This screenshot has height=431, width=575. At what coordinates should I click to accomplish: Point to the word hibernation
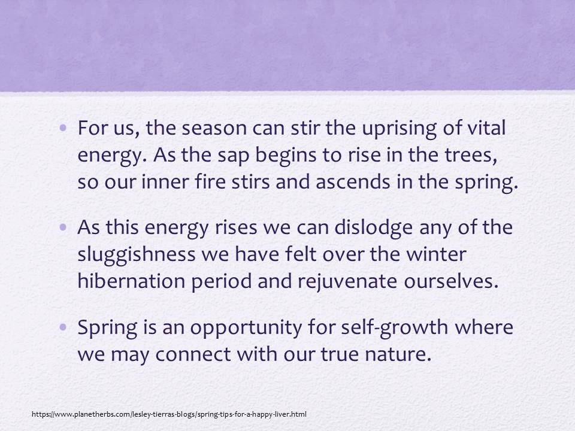(x=131, y=281)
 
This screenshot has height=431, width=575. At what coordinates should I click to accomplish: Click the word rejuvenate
(x=347, y=282)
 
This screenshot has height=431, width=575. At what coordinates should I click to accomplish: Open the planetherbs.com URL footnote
(x=169, y=414)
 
